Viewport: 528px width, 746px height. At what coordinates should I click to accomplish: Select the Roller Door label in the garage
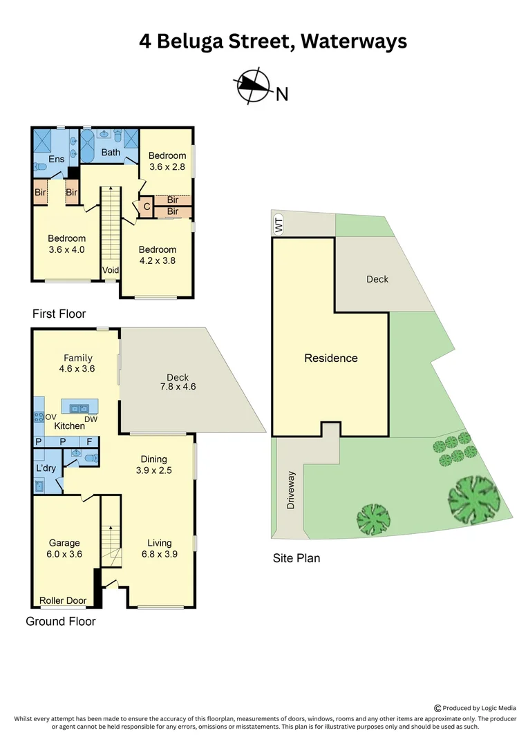(x=63, y=600)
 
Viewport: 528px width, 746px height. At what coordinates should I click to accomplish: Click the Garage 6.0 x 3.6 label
(x=64, y=548)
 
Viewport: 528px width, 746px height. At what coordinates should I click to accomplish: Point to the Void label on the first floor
(x=111, y=270)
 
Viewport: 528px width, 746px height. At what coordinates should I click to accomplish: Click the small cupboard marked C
(x=147, y=206)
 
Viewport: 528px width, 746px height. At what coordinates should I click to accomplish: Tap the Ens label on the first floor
(x=57, y=160)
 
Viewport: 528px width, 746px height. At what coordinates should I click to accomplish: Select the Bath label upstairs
(x=111, y=152)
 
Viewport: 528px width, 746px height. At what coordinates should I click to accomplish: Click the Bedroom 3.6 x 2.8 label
(x=167, y=161)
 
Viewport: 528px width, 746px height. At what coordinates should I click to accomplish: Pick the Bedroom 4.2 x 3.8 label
(x=158, y=255)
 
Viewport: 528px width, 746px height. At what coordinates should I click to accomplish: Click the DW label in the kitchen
(x=91, y=419)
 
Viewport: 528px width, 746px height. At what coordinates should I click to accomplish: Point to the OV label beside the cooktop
(x=50, y=417)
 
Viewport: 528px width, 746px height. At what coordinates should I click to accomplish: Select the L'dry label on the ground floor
(x=46, y=468)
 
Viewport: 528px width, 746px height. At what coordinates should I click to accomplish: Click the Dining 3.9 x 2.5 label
(x=154, y=464)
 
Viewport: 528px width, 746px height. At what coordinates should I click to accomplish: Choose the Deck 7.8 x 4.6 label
(x=178, y=382)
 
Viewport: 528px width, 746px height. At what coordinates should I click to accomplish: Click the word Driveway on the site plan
(x=291, y=490)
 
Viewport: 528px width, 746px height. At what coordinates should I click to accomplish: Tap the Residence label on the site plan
(x=331, y=358)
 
